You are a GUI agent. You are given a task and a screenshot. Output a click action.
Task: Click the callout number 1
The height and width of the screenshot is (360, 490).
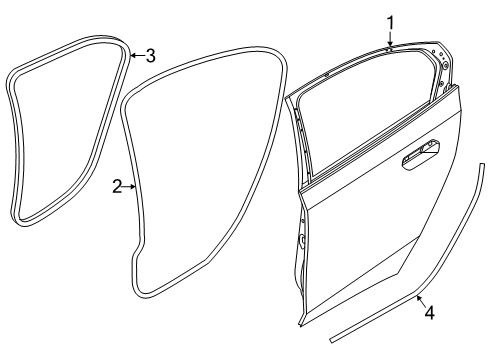391,20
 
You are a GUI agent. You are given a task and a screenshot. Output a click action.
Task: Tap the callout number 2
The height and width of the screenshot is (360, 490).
117,186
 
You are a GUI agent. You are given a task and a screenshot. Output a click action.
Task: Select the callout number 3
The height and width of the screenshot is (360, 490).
149,55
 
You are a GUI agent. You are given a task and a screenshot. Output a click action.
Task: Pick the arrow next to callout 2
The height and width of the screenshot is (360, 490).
130,186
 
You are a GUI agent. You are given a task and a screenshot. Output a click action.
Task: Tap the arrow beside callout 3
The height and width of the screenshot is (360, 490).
135,56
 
